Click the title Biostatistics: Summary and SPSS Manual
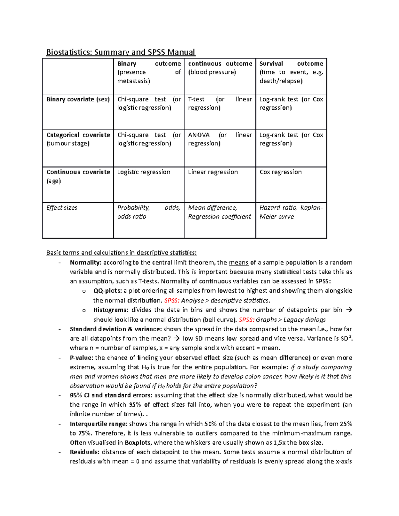[x=120, y=52]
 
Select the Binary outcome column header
[x=149, y=72]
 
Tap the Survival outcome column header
[x=291, y=72]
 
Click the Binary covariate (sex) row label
[x=78, y=99]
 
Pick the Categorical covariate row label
[x=78, y=139]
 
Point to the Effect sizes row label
[x=62, y=208]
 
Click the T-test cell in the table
[x=220, y=103]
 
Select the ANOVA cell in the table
[x=220, y=139]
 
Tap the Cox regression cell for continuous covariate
[x=280, y=172]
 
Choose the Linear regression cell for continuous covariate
[x=213, y=172]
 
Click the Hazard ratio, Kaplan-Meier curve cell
[x=291, y=212]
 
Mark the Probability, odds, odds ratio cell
[x=149, y=212]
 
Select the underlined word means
[x=238, y=262]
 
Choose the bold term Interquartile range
[x=98, y=424]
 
